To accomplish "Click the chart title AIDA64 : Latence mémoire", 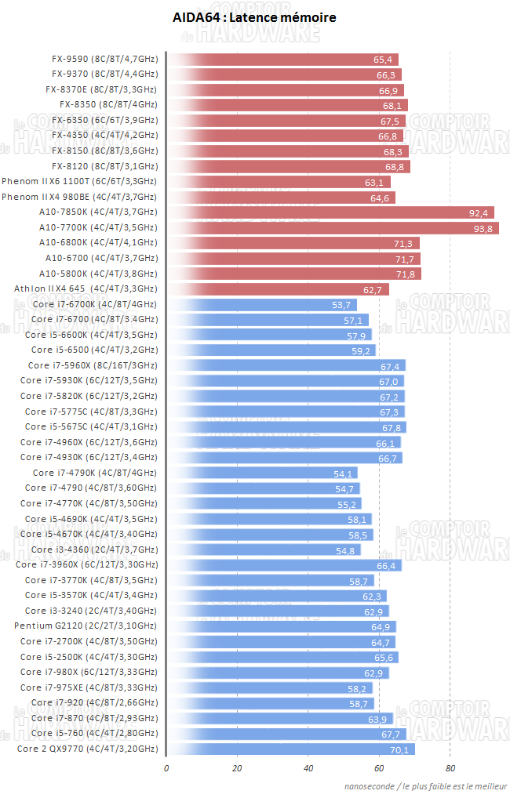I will pyautogui.click(x=254, y=17).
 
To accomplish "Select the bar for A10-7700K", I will pyautogui.click(x=333, y=228).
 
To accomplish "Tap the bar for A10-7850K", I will pyautogui.click(x=331, y=212).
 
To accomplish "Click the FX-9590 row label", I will pyautogui.click(x=104, y=59).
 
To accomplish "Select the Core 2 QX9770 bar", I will pyautogui.click(x=290, y=749).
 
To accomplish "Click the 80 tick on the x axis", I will pyautogui.click(x=450, y=767).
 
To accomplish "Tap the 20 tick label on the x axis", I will pyautogui.click(x=237, y=767).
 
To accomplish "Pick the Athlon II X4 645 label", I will pyautogui.click(x=86, y=289).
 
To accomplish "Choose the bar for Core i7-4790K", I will pyautogui.click(x=263, y=473).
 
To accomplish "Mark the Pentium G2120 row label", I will pyautogui.click(x=86, y=626).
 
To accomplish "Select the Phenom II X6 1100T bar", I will pyautogui.click(x=279, y=182).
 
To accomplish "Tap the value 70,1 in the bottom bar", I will pyautogui.click(x=399, y=749).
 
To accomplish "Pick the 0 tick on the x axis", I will pyautogui.click(x=166, y=767).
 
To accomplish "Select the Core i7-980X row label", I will pyautogui.click(x=89, y=673).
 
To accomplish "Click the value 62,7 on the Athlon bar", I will pyautogui.click(x=373, y=289).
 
